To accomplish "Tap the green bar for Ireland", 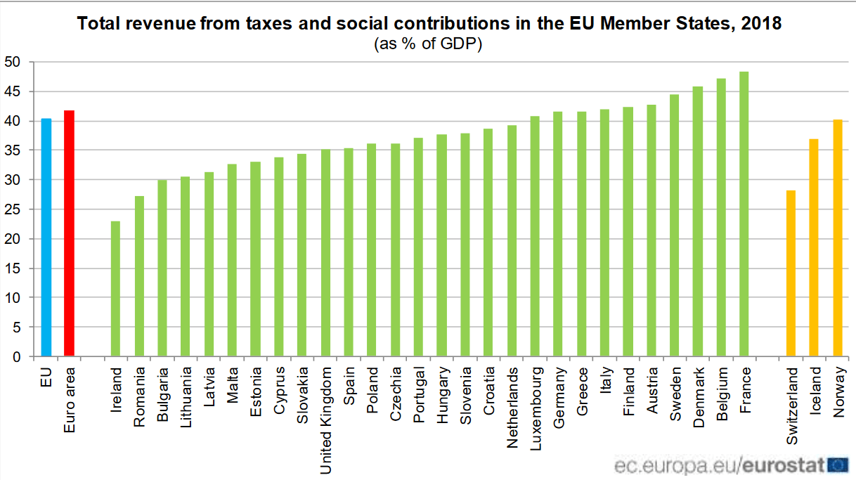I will click(115, 289).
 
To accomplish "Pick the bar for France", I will click(744, 214).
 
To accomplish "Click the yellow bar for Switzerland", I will click(791, 273).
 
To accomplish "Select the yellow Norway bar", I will click(837, 238).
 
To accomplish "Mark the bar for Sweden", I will click(674, 226).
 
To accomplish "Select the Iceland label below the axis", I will click(815, 390).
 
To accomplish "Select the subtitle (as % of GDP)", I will click(428, 44).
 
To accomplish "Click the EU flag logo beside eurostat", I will click(838, 465).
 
